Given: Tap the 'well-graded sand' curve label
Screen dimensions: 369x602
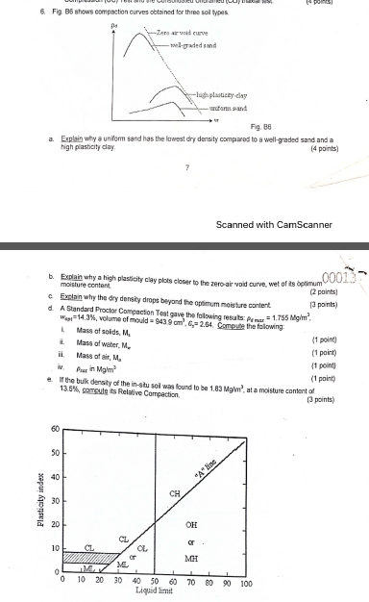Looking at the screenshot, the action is [192, 45].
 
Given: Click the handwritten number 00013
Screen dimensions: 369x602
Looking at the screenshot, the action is [342, 251].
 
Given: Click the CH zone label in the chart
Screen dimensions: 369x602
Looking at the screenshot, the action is [174, 492].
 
